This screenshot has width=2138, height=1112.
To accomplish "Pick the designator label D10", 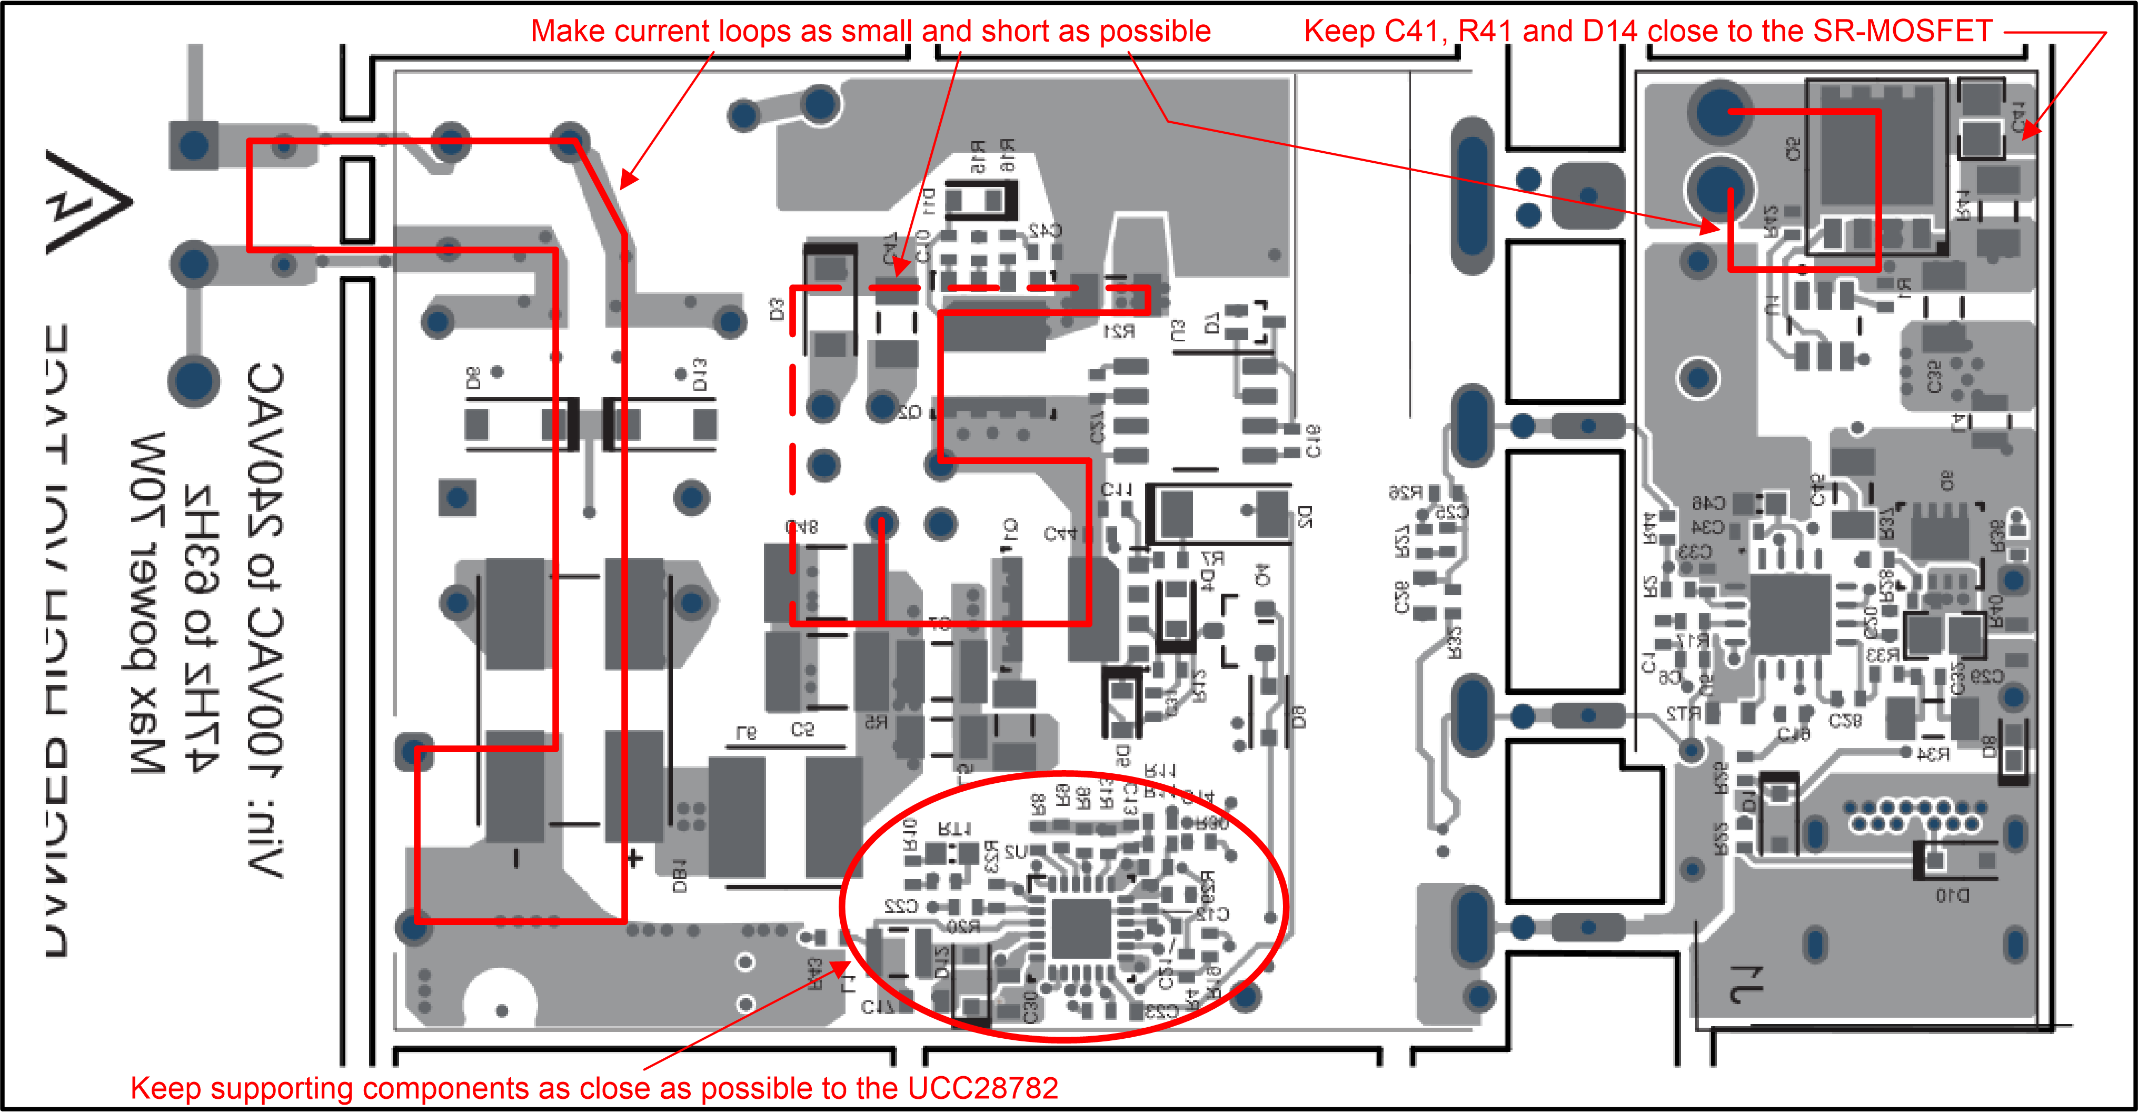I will tap(1952, 895).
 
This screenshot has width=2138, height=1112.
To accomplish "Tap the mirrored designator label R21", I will tap(1118, 332).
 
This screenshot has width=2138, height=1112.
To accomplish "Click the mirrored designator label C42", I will tap(1044, 230).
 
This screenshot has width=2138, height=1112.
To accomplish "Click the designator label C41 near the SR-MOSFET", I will tap(2018, 118).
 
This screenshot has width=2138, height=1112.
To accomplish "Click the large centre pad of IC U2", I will tap(1081, 928).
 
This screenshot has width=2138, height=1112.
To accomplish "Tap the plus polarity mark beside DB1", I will tap(635, 858).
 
